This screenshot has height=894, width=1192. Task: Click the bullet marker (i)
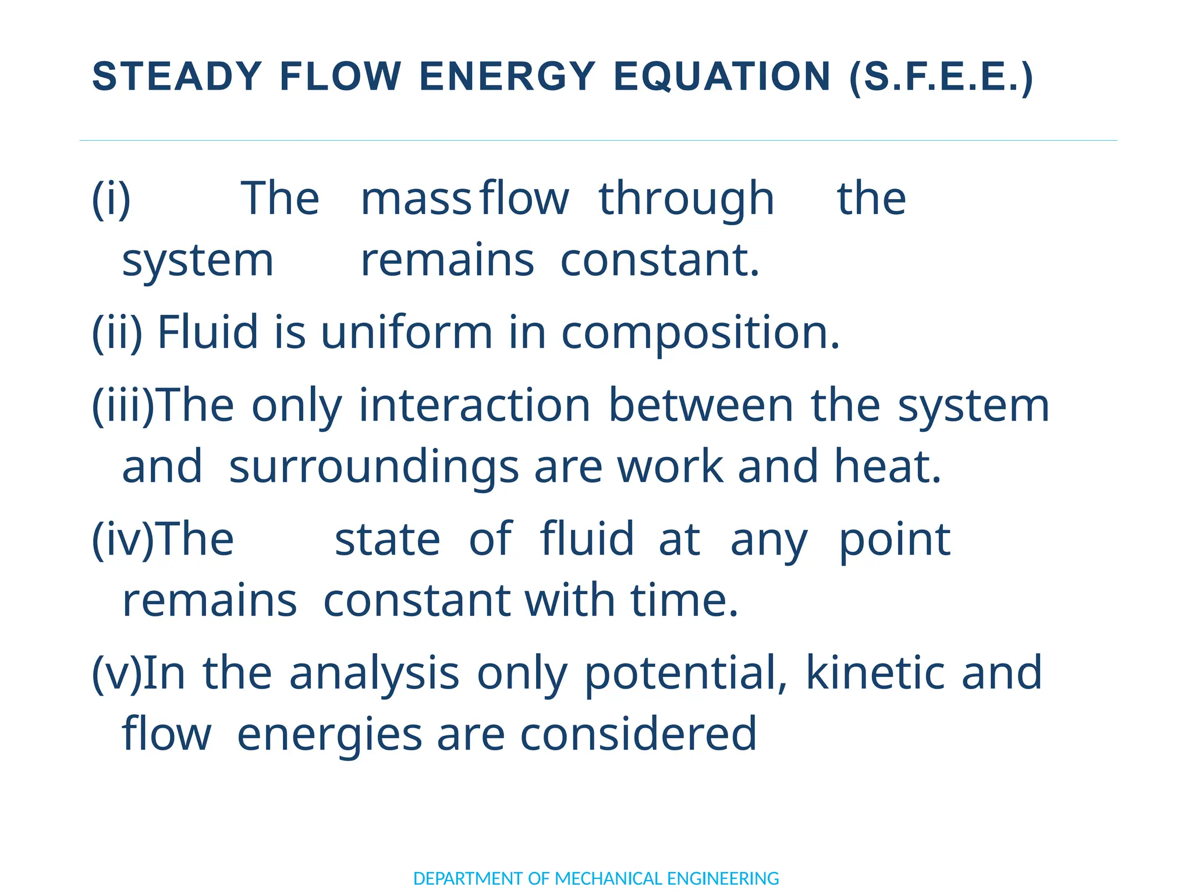pos(111,199)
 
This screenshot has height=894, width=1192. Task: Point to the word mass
pos(415,199)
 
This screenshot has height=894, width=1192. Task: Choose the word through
pos(686,199)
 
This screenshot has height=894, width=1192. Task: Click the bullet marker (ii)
pos(117,332)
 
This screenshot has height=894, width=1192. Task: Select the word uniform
pos(407,332)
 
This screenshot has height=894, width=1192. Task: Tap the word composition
pos(700,334)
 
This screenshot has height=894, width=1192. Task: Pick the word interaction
pos(474,406)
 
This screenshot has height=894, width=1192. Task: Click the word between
pos(701,406)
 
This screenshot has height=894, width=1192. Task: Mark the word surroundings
pos(374,467)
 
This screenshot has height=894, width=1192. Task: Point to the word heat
pos(888,467)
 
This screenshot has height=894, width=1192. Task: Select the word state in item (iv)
pos(387,540)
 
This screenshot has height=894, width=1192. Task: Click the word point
pos(895,540)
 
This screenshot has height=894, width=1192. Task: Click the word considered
pos(638,735)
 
